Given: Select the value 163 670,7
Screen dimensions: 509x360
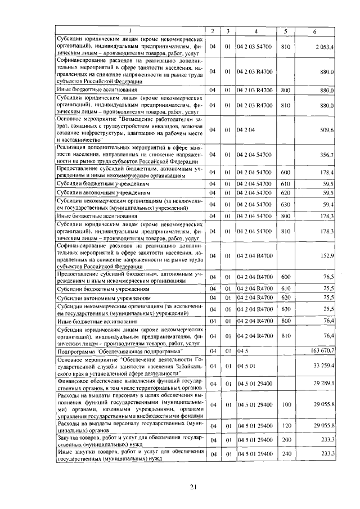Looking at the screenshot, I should (323, 350).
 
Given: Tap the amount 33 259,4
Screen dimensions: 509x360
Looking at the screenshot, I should (324, 366).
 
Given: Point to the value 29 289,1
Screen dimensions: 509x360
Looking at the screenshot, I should (324, 383).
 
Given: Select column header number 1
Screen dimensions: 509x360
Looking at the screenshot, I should (130, 30).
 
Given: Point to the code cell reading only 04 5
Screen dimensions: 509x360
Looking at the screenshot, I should (243, 350).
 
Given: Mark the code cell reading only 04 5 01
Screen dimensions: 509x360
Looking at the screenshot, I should (246, 366).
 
